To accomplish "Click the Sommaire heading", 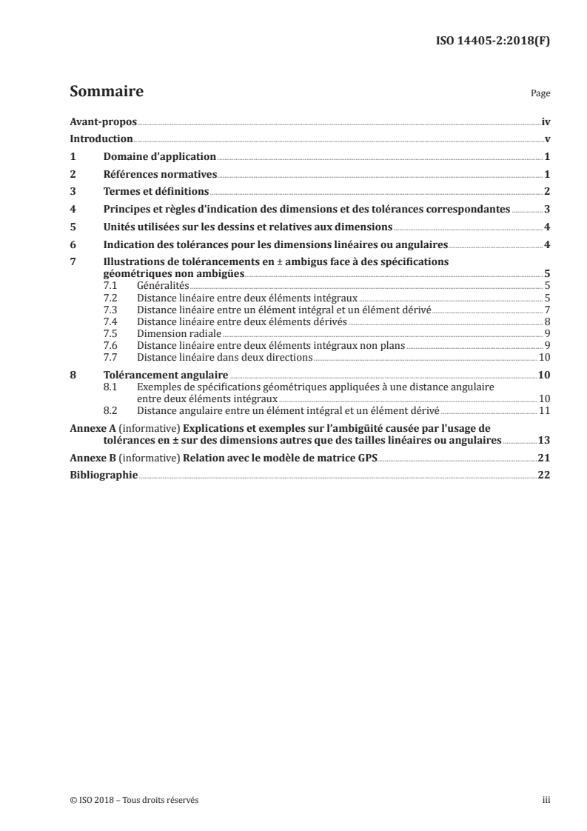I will click(x=106, y=93).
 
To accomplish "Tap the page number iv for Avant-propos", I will click(x=546, y=121).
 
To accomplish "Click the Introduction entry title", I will click(x=101, y=139).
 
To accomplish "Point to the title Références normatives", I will click(x=159, y=175).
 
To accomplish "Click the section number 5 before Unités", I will click(x=73, y=227).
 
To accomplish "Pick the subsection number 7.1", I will click(x=110, y=284).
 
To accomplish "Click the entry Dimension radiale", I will click(x=179, y=334).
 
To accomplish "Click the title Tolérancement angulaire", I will click(x=165, y=376).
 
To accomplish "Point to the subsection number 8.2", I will click(x=110, y=410).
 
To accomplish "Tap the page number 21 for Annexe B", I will click(x=543, y=458).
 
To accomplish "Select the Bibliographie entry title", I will click(x=103, y=476).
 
